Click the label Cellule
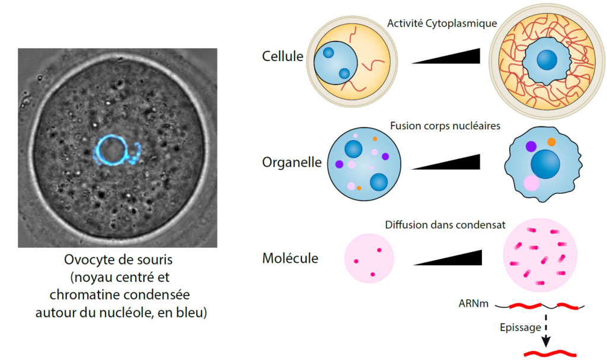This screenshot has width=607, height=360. [282, 57]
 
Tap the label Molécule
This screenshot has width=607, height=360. [290, 259]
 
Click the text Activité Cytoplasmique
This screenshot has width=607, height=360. [442, 23]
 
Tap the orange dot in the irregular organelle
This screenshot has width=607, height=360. [551, 142]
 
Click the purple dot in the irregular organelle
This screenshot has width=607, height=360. [531, 146]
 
